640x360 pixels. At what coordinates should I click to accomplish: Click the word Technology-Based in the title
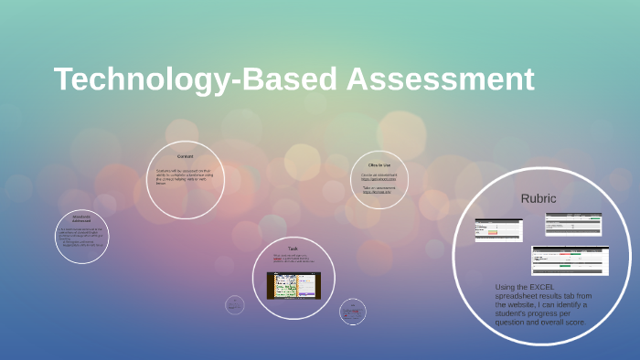[x=196, y=79]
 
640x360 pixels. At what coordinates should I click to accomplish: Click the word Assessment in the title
[x=440, y=79]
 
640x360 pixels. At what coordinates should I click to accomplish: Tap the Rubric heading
[x=538, y=197]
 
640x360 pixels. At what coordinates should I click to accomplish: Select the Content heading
[x=185, y=156]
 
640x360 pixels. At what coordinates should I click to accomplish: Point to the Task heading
[x=293, y=249]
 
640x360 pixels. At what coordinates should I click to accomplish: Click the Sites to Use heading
[x=379, y=164]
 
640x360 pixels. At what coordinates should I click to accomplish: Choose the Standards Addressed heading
[x=81, y=219]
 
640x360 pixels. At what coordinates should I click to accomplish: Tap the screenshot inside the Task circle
[x=293, y=286]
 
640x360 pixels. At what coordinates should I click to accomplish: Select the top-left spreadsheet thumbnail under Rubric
[x=498, y=229]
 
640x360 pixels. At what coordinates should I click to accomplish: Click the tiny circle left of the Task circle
[x=234, y=304]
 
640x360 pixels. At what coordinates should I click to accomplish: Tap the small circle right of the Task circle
[x=352, y=311]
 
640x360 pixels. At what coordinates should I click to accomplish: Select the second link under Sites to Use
[x=377, y=192]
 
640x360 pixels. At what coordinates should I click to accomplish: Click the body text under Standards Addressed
[x=81, y=237]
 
